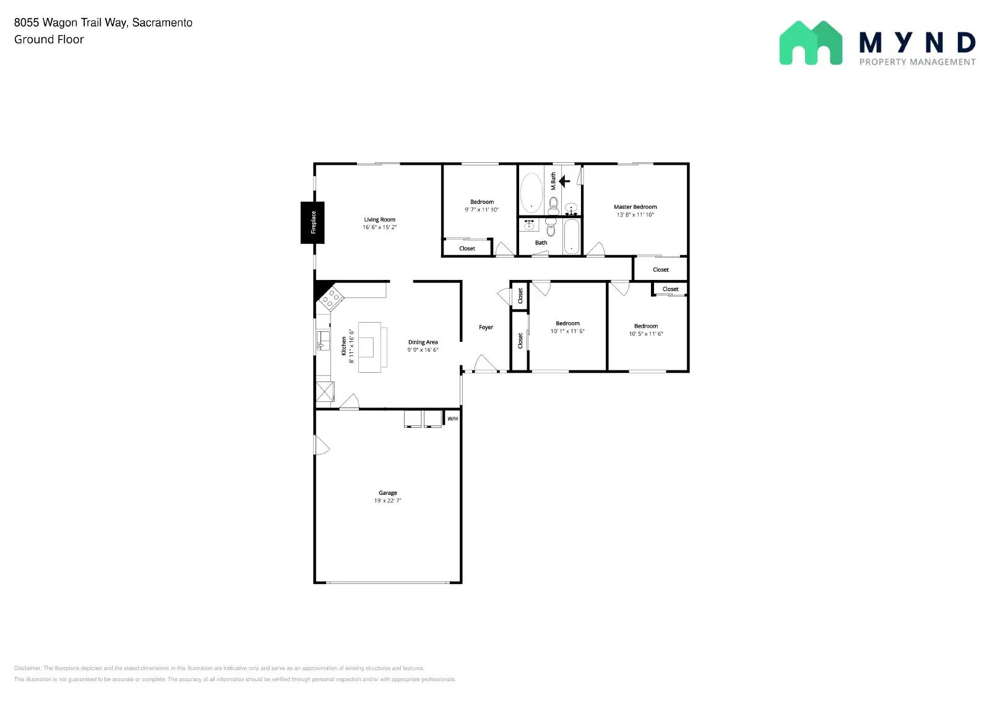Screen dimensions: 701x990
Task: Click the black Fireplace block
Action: point(312,222)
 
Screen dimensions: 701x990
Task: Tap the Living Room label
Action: point(379,219)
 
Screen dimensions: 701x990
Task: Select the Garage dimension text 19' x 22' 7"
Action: point(387,500)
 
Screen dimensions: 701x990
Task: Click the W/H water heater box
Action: point(452,419)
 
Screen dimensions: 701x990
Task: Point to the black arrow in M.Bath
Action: point(564,181)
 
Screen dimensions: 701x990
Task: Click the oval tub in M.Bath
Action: point(531,193)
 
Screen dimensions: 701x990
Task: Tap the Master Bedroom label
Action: point(635,207)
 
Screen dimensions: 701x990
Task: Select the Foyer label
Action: point(486,327)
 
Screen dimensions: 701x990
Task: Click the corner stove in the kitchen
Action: point(331,299)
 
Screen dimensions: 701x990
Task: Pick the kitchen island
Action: point(370,347)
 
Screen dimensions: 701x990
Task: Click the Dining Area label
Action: point(423,342)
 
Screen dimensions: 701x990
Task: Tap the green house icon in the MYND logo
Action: point(811,43)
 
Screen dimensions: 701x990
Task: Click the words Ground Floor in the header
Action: point(49,39)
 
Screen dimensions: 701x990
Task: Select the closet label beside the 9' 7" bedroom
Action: point(467,248)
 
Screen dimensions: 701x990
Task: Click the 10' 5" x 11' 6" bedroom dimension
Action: point(646,334)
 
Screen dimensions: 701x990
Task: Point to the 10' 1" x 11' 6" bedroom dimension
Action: point(567,331)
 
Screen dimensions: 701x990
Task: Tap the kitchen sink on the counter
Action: point(323,341)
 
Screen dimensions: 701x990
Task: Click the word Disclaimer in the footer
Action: point(27,668)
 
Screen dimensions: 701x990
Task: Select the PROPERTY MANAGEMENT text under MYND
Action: point(917,62)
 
